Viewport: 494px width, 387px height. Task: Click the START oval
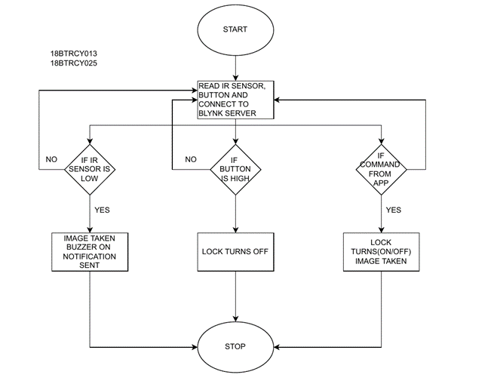click(x=235, y=29)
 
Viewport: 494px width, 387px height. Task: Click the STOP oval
click(x=235, y=346)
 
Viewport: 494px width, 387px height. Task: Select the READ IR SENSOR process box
click(x=235, y=98)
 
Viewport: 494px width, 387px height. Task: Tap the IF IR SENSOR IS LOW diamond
click(x=90, y=170)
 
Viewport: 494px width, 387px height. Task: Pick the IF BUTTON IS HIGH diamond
click(x=235, y=170)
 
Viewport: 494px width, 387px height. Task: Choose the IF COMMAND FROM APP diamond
click(x=382, y=170)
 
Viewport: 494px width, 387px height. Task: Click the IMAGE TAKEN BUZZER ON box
click(x=90, y=251)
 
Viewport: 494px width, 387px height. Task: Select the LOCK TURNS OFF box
click(x=235, y=251)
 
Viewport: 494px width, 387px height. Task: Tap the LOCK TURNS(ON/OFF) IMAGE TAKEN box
click(x=382, y=251)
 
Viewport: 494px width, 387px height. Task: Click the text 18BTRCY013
click(x=73, y=54)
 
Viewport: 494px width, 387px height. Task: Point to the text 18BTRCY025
click(x=73, y=63)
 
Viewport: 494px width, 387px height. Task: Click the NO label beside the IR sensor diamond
click(x=51, y=159)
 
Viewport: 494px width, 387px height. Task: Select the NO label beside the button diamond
click(x=191, y=159)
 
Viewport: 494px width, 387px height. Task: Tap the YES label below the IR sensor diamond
click(x=103, y=209)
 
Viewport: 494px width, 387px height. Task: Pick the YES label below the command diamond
click(x=394, y=210)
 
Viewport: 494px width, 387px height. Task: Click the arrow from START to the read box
click(x=235, y=66)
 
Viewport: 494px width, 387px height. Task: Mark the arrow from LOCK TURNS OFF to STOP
click(x=235, y=297)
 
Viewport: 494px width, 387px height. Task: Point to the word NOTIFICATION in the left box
click(x=90, y=256)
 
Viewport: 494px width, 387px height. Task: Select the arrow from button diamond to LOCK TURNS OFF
click(x=235, y=213)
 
